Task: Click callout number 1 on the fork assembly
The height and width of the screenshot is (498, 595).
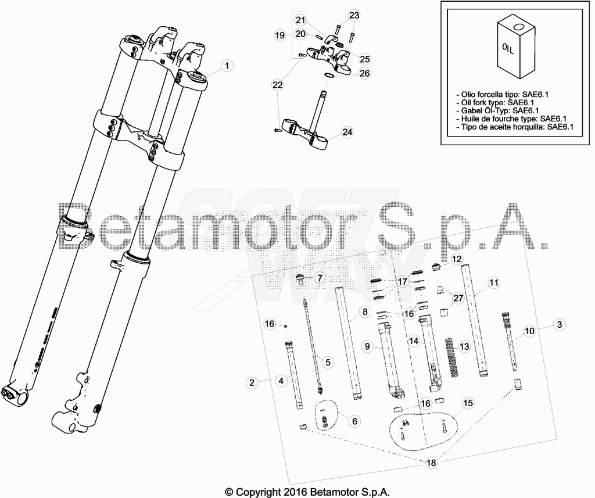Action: [x=227, y=66]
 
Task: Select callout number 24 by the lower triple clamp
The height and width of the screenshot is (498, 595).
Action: [x=347, y=132]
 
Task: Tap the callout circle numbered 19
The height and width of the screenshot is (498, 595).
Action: [x=279, y=35]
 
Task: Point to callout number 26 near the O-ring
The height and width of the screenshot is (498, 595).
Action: [x=364, y=73]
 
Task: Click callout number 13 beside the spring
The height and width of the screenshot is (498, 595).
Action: [x=464, y=346]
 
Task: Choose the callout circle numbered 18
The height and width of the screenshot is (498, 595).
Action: [x=432, y=463]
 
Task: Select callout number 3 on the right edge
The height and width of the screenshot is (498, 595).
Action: [x=559, y=324]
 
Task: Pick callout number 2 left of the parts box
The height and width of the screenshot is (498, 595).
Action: [x=252, y=382]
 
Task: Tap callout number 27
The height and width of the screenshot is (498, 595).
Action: [x=458, y=298]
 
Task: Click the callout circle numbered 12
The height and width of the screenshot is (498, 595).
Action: [x=457, y=259]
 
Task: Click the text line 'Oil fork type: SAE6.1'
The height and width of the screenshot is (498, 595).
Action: [x=500, y=102]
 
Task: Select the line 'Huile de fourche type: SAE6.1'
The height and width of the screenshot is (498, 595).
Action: [x=511, y=119]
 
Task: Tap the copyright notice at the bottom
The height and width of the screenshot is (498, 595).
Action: [x=308, y=492]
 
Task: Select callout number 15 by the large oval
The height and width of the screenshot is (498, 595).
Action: [x=468, y=403]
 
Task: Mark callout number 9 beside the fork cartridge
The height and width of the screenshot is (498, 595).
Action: [x=367, y=346]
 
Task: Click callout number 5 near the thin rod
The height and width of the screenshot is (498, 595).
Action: [x=328, y=362]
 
